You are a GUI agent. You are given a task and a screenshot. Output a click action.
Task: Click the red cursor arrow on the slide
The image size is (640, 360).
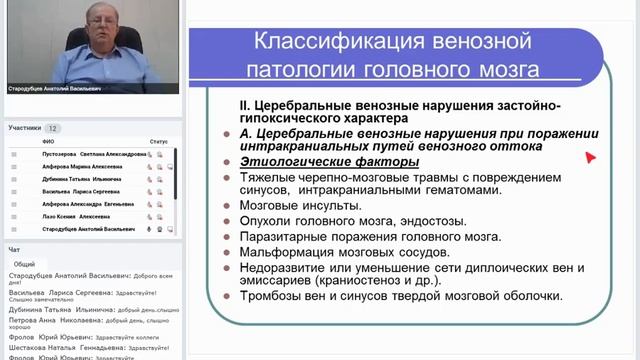pos(590,157)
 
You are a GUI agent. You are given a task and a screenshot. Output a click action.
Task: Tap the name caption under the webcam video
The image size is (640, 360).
pos(55,88)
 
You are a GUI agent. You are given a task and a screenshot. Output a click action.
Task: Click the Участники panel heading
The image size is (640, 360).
pos(25,128)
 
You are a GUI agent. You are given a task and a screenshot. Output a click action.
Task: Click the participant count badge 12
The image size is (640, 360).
pos(53,128)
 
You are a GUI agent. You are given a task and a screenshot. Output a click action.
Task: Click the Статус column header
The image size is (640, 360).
pos(159,142)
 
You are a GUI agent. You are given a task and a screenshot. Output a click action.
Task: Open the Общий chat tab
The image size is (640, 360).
pos(24,264)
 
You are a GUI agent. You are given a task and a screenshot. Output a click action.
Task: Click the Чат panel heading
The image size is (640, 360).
pos(14,250)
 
